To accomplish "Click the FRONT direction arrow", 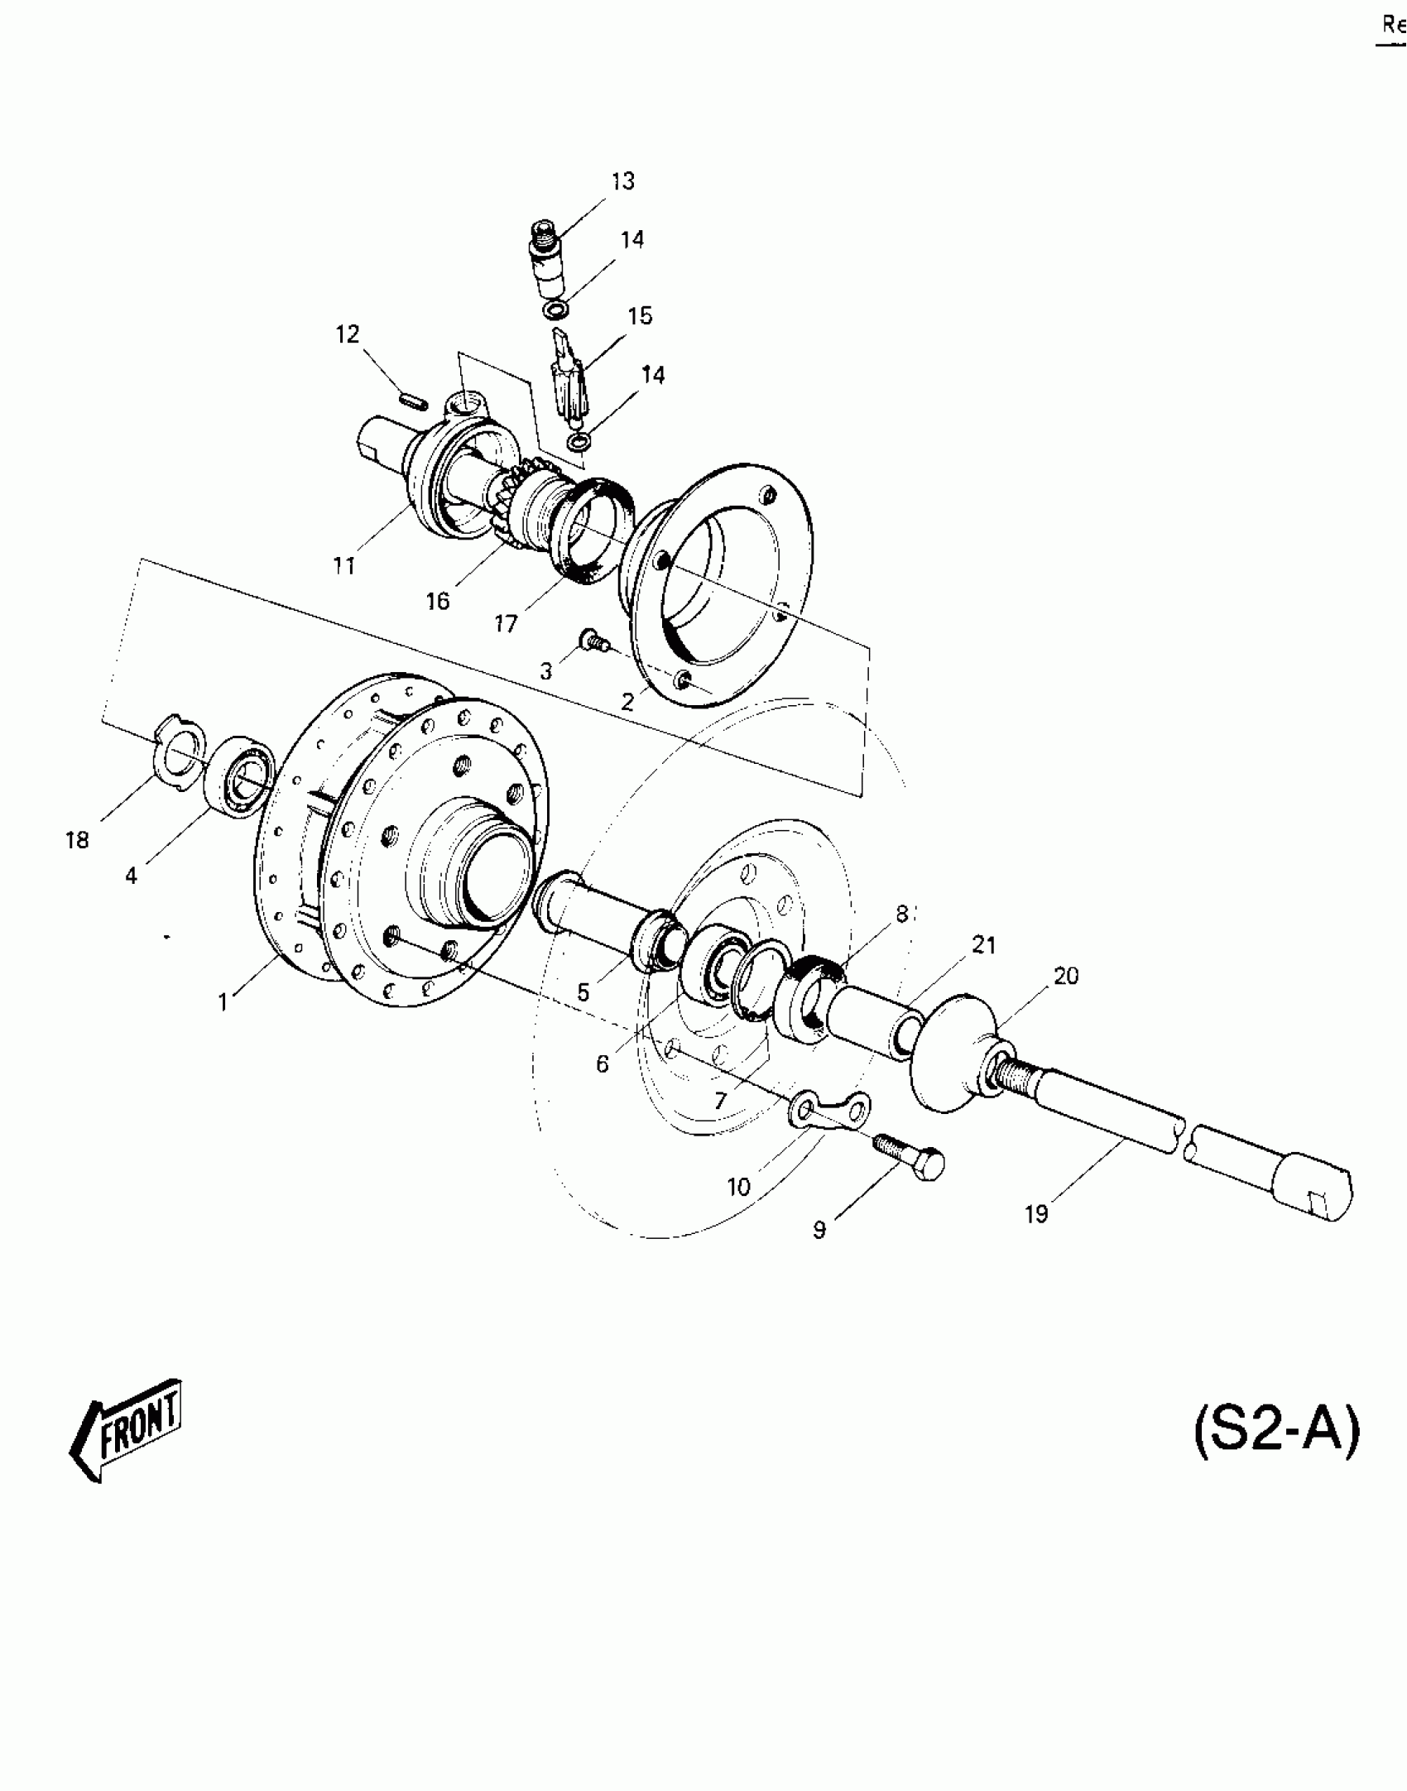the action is coord(126,1432).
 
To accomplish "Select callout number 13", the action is coord(622,181).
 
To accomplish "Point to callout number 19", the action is coord(1036,1214).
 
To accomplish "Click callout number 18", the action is coord(77,841).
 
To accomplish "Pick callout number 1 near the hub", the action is coord(223,1002).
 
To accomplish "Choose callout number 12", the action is coord(348,334).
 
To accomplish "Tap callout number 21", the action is coord(983,944).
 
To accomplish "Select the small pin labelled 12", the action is coord(412,401).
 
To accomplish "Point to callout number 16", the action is coord(438,601).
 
